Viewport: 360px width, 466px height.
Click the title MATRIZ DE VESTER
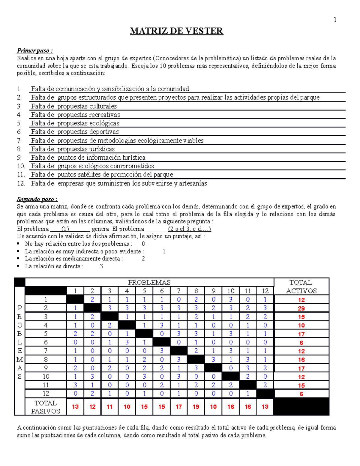[176, 31]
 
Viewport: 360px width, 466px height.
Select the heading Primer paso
[35, 50]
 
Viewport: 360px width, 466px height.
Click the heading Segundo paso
[37, 199]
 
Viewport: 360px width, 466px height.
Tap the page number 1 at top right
[335, 20]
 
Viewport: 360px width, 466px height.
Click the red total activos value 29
[301, 308]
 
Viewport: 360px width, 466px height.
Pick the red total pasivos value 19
[196, 407]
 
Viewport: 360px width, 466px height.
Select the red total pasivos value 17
[179, 407]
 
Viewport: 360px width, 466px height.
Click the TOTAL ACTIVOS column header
[301, 287]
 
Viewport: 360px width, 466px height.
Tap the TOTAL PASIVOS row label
[46, 407]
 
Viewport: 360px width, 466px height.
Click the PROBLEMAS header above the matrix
[149, 282]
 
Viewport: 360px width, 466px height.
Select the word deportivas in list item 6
[103, 132]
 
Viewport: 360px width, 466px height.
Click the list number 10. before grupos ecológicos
[21, 166]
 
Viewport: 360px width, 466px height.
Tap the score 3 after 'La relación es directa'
[101, 266]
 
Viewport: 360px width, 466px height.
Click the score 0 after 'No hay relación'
[143, 244]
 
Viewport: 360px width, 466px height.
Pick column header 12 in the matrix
[265, 291]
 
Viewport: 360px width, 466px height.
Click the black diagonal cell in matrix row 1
[75, 299]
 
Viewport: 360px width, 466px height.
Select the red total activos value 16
[301, 359]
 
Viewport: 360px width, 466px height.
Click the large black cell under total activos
[301, 407]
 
